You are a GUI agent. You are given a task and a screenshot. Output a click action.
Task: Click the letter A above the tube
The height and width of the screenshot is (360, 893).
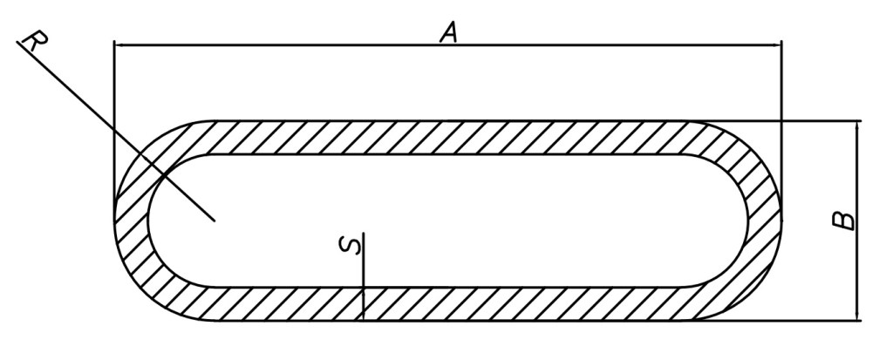448,33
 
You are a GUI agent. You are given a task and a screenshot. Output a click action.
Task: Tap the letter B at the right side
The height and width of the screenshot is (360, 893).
843,221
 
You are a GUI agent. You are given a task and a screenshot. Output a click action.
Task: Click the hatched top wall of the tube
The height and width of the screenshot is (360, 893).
436,138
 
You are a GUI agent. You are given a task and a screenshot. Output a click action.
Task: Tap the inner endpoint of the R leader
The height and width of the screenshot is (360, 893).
215,221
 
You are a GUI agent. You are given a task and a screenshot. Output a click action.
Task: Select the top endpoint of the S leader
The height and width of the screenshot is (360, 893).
363,233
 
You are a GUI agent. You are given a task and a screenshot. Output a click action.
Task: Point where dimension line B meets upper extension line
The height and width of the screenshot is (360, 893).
858,121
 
